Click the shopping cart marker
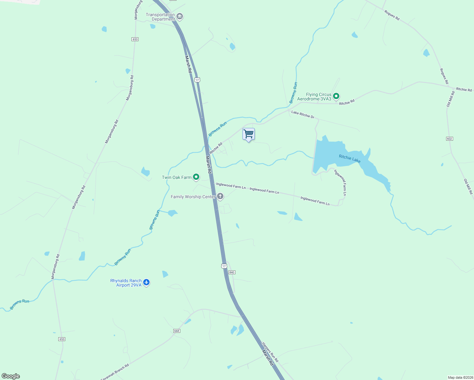point(248,134)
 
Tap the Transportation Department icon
point(180,16)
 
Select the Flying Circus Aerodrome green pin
point(336,96)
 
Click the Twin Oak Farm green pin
point(196,177)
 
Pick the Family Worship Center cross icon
point(220,197)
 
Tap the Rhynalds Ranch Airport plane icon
point(146,282)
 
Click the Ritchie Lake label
point(349,159)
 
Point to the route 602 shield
point(449,139)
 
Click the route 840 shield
point(232,272)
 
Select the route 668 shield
point(176,331)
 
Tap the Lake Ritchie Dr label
point(303,115)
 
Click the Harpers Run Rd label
point(270,352)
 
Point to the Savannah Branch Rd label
point(115,372)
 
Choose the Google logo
point(11,376)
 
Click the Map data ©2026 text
point(460,377)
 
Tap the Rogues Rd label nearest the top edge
point(392,15)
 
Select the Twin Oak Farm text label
point(176,177)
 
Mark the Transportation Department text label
point(161,17)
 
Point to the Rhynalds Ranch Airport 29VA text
point(126,283)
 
